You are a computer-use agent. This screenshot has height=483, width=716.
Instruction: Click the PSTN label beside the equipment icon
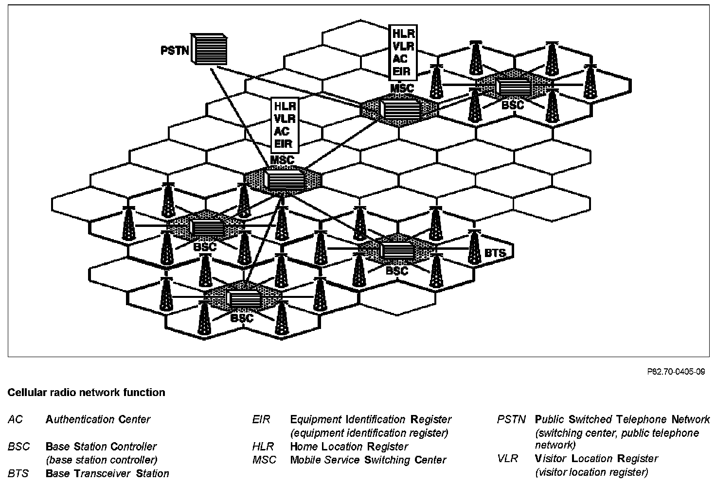(x=174, y=50)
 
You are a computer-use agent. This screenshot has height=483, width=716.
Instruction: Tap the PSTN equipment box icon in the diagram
(x=209, y=49)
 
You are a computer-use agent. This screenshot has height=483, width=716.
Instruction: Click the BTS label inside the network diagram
(x=495, y=253)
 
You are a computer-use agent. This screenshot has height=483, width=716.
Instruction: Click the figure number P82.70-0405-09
(x=676, y=372)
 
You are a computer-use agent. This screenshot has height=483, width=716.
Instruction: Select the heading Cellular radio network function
(x=86, y=393)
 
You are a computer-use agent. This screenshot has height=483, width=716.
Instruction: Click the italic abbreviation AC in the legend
(x=16, y=419)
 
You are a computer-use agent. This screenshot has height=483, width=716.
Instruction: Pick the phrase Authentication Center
(x=98, y=419)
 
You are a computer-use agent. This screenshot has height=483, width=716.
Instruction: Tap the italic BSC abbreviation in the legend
(x=19, y=447)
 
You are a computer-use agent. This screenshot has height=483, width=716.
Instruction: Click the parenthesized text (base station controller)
(x=101, y=460)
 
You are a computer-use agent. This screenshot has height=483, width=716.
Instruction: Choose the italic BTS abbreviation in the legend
(x=18, y=473)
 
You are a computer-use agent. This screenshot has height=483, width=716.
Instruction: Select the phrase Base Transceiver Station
(x=107, y=473)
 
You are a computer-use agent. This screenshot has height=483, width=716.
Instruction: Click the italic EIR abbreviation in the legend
(x=261, y=419)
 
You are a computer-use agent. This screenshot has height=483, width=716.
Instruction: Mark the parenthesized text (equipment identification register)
(x=369, y=433)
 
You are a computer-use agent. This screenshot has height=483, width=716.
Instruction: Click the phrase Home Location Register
(x=349, y=447)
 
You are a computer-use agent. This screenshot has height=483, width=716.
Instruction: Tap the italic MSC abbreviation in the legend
(x=264, y=460)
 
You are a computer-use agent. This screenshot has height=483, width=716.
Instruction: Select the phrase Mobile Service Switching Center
(x=368, y=460)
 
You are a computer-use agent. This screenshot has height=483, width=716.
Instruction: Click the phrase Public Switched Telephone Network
(x=622, y=419)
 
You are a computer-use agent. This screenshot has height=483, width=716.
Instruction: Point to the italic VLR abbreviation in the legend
(x=507, y=459)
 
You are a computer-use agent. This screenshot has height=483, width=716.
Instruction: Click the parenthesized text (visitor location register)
(x=591, y=472)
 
